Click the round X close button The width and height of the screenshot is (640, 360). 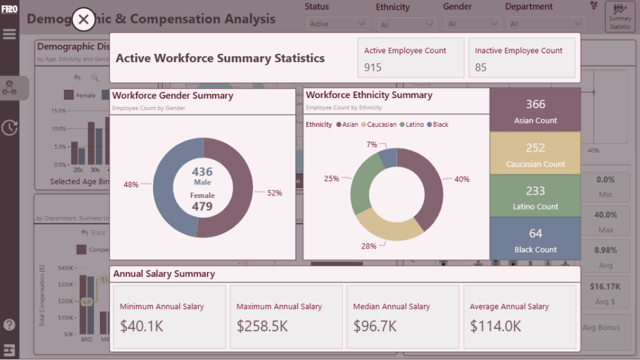click(84, 19)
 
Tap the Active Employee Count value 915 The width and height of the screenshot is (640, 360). click(373, 67)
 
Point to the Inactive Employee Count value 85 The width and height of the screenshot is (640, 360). click(480, 67)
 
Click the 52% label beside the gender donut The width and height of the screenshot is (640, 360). click(274, 193)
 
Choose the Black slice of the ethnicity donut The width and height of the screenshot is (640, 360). click(388, 157)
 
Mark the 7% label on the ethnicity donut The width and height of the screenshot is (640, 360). click(372, 145)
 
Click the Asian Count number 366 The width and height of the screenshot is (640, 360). click(536, 104)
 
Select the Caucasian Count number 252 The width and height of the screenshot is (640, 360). click(536, 148)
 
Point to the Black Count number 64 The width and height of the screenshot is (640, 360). click(536, 233)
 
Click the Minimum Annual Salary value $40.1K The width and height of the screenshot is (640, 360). click(142, 326)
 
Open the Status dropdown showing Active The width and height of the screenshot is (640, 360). click(336, 24)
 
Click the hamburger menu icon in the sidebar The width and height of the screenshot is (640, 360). click(10, 34)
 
